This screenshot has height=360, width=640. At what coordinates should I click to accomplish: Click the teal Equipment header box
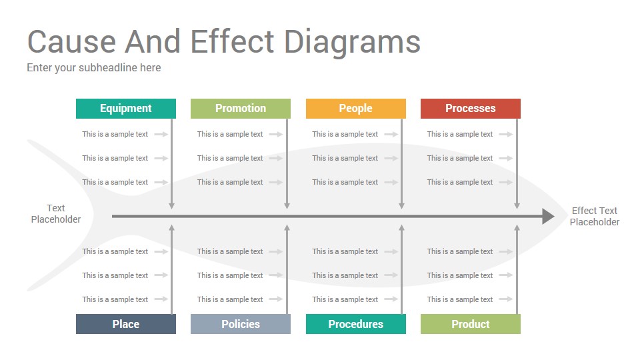tap(126, 109)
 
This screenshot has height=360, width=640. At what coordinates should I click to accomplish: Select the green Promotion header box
tap(241, 109)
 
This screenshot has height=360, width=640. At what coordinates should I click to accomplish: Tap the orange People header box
tap(355, 109)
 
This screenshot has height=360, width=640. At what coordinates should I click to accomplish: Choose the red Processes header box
tap(470, 109)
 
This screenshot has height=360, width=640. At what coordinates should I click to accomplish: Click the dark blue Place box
tap(126, 324)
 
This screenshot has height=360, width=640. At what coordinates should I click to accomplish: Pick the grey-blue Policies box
tap(241, 324)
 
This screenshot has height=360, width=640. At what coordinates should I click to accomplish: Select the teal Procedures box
tap(355, 324)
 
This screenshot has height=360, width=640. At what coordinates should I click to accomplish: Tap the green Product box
tap(470, 324)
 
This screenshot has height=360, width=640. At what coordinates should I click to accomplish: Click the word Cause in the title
tap(72, 41)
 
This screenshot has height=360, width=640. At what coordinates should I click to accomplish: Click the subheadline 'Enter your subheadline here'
tap(94, 68)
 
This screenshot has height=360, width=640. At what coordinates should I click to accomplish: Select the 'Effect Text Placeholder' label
tap(594, 216)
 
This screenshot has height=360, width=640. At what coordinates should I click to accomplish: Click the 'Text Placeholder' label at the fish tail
tap(56, 213)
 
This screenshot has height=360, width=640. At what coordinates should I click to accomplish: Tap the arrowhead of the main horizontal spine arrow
tap(548, 216)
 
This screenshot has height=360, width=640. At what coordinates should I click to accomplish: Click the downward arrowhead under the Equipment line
tap(172, 206)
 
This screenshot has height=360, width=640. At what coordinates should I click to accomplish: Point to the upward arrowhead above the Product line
tap(517, 228)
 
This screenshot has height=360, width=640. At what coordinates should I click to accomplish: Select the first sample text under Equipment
tap(115, 134)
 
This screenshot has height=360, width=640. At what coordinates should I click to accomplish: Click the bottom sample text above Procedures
tap(345, 299)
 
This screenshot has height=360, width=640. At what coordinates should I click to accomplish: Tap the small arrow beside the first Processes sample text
tap(506, 134)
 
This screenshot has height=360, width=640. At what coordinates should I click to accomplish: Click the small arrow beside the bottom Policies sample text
tap(276, 299)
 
